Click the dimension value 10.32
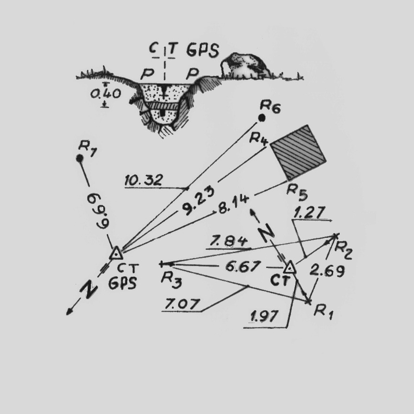(x=143, y=180)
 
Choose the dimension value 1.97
(x=262, y=316)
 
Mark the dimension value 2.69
(x=327, y=271)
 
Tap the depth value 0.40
(x=105, y=94)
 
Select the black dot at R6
(x=262, y=118)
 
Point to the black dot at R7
(x=80, y=158)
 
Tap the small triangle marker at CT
(x=290, y=267)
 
